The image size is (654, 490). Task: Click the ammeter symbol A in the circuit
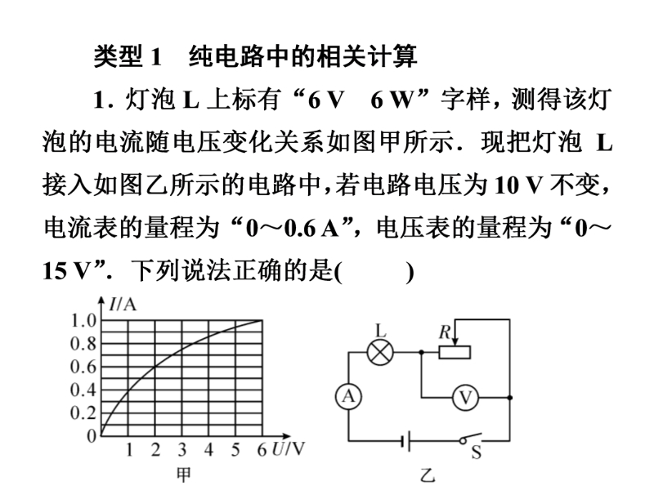[x=349, y=397]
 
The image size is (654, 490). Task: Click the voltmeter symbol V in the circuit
[x=466, y=398]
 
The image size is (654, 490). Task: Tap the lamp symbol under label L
[x=379, y=353]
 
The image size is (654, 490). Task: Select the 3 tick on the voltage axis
[x=181, y=450]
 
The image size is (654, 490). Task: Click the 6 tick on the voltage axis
[x=262, y=450]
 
